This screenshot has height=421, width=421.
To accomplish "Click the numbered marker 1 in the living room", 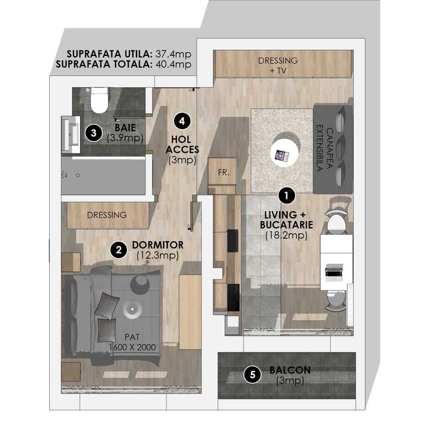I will click(287, 195).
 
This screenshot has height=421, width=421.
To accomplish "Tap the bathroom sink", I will click(70, 132).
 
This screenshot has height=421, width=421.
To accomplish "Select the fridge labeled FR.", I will click(223, 171).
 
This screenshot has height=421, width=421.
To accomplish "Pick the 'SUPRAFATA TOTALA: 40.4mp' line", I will click(123, 63).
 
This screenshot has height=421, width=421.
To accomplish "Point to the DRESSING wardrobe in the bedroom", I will click(106, 215).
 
